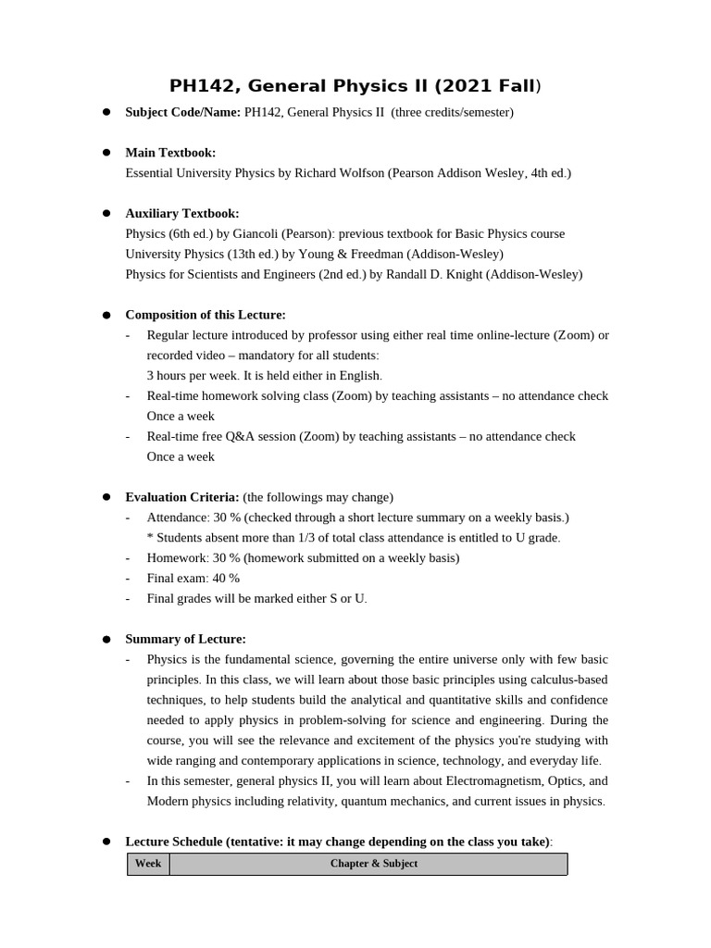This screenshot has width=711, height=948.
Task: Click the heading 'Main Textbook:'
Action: [170, 153]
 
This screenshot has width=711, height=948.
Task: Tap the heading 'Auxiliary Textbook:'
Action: [182, 214]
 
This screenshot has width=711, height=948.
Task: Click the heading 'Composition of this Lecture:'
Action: [206, 316]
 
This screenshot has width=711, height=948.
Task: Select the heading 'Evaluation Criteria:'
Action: [182, 498]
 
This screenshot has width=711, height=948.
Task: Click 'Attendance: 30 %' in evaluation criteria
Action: [193, 518]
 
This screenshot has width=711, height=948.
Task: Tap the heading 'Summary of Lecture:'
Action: [185, 640]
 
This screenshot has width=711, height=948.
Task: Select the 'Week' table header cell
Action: [148, 864]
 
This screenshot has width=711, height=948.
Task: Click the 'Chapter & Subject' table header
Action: [373, 864]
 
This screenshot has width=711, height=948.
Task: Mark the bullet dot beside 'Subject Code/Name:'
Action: [106, 112]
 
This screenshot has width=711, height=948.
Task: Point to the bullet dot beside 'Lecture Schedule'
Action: [106, 842]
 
